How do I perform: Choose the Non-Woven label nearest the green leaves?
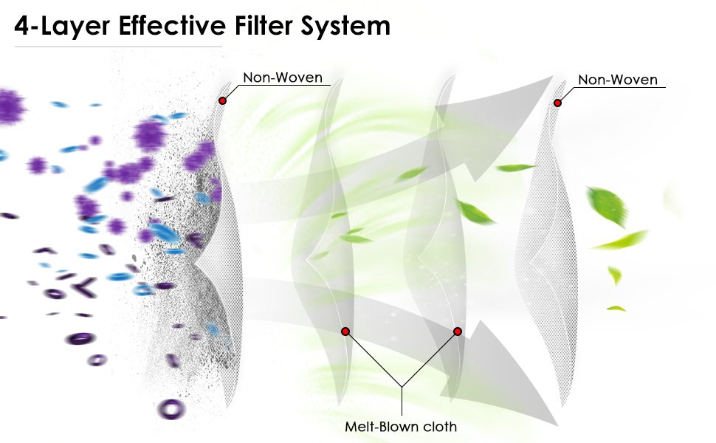tap(617, 80)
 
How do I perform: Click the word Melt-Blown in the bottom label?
tap(377, 427)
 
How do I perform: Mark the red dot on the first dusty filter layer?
tap(222, 100)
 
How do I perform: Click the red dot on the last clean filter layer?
tap(557, 103)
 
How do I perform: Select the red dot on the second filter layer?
tap(345, 332)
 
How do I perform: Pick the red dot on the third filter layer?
tap(458, 332)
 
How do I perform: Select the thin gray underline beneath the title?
tap(118, 47)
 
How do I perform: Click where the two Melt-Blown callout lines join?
tap(401, 386)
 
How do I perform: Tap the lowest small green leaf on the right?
tap(616, 308)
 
